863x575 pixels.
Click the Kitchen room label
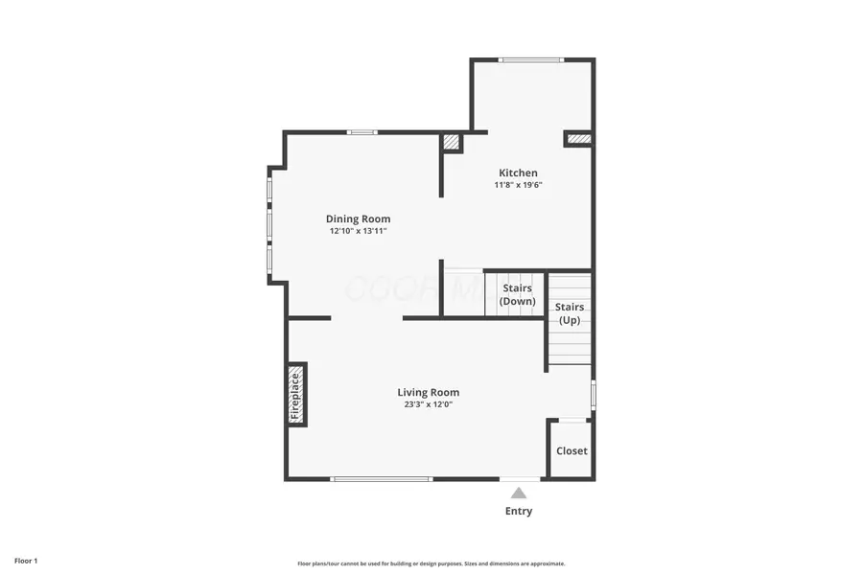(x=518, y=172)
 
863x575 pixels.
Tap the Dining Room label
(x=358, y=218)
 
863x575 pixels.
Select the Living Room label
(x=429, y=392)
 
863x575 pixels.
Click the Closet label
(x=571, y=450)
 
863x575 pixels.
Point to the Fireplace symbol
(x=296, y=394)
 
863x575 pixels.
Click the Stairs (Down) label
(x=518, y=294)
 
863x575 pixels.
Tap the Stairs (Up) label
(x=570, y=313)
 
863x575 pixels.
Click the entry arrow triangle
(x=519, y=493)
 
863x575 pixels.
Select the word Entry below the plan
(x=519, y=511)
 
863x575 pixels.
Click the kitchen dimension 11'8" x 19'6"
(x=518, y=185)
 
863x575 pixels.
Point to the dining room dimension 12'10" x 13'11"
(x=358, y=231)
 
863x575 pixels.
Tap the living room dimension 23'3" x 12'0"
(x=429, y=404)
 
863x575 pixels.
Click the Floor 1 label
(x=26, y=560)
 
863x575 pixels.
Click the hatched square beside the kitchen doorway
(x=452, y=143)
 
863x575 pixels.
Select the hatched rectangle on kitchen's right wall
(x=579, y=140)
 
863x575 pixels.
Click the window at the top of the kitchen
(x=531, y=60)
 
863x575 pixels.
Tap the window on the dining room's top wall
(x=362, y=132)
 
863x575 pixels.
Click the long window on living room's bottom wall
(x=381, y=478)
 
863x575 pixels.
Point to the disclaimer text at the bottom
(x=431, y=563)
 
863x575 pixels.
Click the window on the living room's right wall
(x=594, y=394)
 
